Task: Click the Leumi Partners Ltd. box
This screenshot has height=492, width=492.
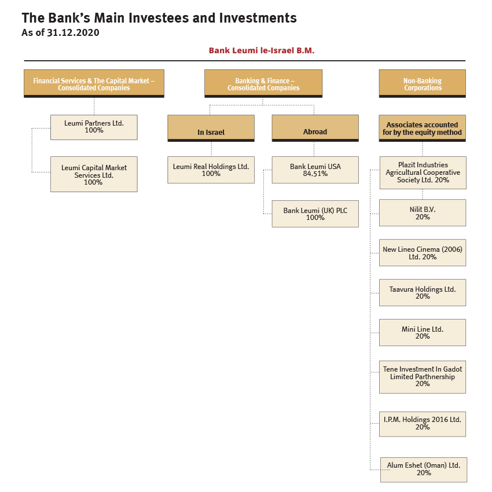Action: tap(94, 127)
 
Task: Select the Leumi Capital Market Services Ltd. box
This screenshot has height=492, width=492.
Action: tap(94, 174)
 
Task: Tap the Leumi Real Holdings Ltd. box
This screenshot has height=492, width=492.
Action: tap(211, 170)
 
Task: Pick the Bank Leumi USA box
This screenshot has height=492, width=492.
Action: tap(315, 170)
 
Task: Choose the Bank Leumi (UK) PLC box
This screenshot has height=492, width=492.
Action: tap(315, 214)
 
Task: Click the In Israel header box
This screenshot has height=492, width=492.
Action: tap(211, 128)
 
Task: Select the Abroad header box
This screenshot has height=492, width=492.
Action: tap(315, 128)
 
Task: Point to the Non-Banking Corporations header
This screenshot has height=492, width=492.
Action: tap(423, 83)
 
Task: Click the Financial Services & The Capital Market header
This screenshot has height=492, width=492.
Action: tap(94, 83)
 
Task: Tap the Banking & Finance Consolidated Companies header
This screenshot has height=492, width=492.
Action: tap(263, 83)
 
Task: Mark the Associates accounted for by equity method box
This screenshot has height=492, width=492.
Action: tap(423, 128)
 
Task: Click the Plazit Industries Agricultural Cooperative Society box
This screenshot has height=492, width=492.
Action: tap(423, 172)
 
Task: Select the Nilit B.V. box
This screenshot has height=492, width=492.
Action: tap(423, 213)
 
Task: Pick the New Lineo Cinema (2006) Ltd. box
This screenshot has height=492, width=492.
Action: tap(423, 252)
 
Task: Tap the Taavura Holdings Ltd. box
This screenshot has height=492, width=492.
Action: tap(423, 292)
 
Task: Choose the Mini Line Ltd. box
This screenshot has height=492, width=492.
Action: tap(423, 333)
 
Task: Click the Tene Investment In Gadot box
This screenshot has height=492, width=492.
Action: tap(423, 377)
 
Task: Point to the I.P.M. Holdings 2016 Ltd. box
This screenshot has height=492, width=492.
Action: tap(423, 424)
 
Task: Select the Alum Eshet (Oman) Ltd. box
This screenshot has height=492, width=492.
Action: tap(424, 470)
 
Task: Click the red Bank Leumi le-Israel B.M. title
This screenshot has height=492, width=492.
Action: tap(262, 50)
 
